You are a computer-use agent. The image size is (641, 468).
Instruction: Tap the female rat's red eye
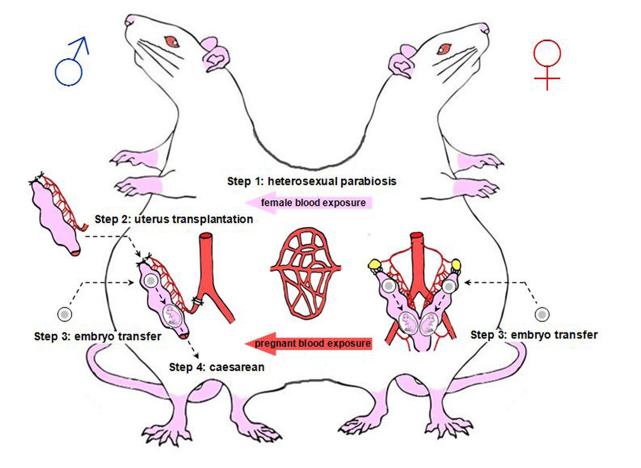pos(444,49)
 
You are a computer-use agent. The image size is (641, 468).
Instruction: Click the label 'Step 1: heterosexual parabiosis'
pos(312,181)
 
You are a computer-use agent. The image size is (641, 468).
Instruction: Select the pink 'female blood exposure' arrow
pos(308,203)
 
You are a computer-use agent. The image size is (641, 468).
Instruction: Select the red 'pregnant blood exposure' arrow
pos(308,343)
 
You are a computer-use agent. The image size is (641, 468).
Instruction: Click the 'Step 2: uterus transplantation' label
pos(174,219)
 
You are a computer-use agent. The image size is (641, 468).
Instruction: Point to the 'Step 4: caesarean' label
pos(217,367)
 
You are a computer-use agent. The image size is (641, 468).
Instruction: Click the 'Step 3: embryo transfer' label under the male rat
pos(97,336)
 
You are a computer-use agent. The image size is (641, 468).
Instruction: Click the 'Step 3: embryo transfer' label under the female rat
pos(534,335)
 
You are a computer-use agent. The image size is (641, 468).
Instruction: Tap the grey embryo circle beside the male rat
pos(64,314)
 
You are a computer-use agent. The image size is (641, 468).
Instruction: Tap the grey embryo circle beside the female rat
pos(542,314)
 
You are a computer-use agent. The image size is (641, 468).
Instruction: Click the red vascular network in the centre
pos(305,271)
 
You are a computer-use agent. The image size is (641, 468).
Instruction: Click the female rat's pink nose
pos(484,29)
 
